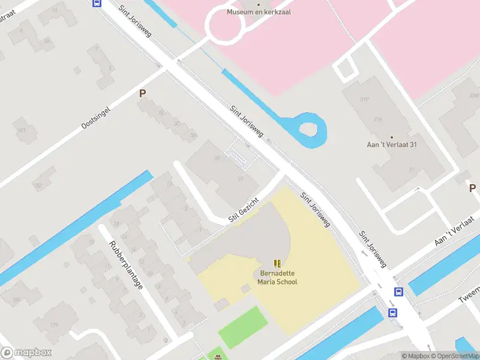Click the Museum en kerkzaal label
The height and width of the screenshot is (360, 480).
pyautogui.click(x=259, y=11)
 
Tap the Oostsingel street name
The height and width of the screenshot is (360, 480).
pyautogui.click(x=97, y=118)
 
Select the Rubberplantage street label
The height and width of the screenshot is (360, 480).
pyautogui.click(x=126, y=265)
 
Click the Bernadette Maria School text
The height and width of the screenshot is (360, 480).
pyautogui.click(x=277, y=277)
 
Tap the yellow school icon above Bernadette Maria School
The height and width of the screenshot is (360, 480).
pyautogui.click(x=277, y=263)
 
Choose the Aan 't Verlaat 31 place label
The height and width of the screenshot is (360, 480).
pyautogui.click(x=392, y=145)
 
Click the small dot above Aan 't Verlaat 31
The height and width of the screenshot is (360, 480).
pyautogui.click(x=392, y=137)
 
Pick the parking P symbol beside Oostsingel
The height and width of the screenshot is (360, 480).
pyautogui.click(x=143, y=94)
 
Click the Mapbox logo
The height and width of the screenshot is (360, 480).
pyautogui.click(x=26, y=353)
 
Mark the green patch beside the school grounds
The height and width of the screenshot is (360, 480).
pyautogui.click(x=242, y=328)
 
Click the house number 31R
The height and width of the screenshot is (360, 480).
pyautogui.click(x=378, y=119)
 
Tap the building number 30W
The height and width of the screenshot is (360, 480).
pyautogui.click(x=474, y=95)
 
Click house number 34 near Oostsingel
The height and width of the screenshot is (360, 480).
pyautogui.click(x=193, y=136)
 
